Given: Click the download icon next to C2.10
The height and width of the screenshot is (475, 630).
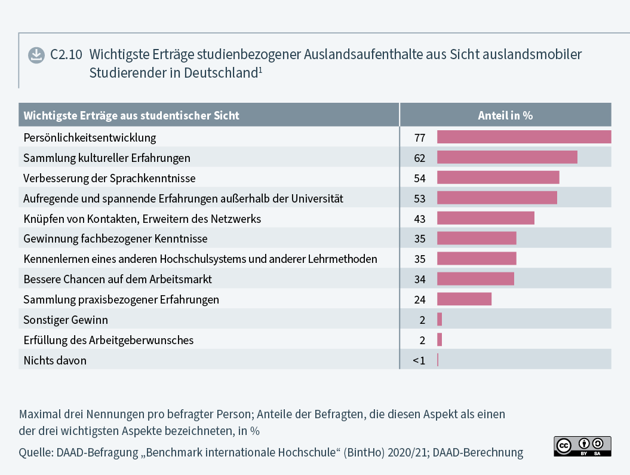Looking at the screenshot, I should coord(36,55).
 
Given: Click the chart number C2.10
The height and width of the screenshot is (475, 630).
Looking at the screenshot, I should coord(66,55).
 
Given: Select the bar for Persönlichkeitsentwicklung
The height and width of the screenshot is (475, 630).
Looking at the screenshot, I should coord(524,137).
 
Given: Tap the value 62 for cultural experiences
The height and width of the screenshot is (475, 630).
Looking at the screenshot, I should coord(420,158).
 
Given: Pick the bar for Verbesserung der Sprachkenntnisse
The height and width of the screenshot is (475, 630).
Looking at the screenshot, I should coord(498,177).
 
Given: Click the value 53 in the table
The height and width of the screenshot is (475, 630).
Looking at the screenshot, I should coord(420,198).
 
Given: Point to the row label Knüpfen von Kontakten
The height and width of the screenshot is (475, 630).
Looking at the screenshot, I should coord(142,219).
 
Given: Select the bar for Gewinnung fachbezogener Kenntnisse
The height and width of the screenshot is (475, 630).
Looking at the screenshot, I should coord(477,238).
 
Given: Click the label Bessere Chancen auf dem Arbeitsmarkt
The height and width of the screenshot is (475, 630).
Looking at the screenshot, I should coord(118,279).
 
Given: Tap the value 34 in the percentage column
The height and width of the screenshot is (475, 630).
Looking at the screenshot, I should coord(420,279).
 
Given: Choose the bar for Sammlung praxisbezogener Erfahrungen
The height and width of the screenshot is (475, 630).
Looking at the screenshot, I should coord(464,299).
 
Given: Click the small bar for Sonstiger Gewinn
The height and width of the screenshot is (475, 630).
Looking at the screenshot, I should coord(440,319).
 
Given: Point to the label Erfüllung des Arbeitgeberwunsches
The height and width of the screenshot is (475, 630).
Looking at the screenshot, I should coord(108,340).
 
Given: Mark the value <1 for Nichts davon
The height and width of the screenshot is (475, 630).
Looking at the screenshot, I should coord(419,360).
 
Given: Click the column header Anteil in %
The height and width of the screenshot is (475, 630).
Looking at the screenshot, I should coord(505,115).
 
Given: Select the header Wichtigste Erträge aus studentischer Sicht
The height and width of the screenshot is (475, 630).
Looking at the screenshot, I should coord(131,115).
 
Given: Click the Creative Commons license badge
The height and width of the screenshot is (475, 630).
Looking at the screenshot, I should coord(582,446).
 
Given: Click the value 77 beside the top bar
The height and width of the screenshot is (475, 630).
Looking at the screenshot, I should coord(420,137).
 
